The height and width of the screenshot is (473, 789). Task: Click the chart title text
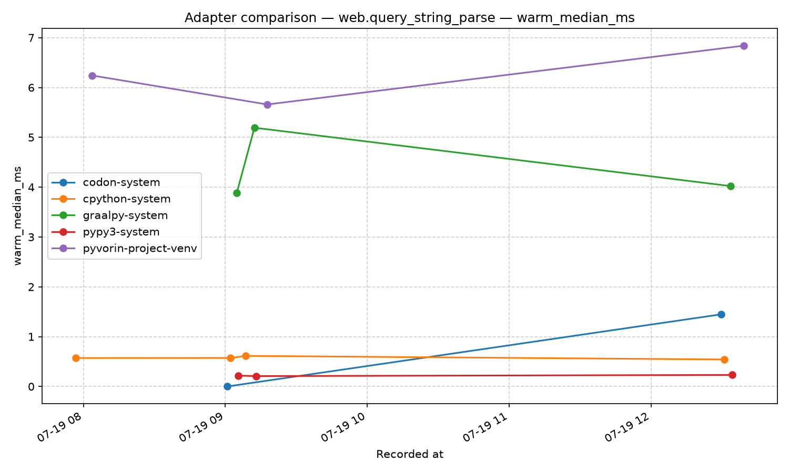point(409,17)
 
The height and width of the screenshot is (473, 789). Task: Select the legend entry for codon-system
point(121,182)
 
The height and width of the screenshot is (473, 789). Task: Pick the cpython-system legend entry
point(126,199)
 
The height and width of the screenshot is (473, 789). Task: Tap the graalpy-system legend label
point(125,215)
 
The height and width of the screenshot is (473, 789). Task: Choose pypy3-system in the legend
point(121,232)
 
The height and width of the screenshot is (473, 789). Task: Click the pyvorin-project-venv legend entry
point(140,249)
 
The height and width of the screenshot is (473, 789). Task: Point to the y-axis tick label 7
point(32,38)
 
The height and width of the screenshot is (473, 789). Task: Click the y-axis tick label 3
point(32,237)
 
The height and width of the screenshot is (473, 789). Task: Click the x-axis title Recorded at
point(410,455)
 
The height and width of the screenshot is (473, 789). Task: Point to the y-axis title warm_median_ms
point(17,215)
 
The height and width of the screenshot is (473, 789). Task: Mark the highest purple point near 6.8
point(744,46)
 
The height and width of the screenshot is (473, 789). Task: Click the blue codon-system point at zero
point(228,386)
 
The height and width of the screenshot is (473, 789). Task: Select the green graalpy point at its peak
point(255,128)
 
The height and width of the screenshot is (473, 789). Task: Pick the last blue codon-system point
point(721,314)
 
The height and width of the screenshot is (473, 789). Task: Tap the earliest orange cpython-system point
point(76,358)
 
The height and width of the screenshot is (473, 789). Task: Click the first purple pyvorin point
point(92,76)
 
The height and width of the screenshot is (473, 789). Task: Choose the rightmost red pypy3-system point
point(732,375)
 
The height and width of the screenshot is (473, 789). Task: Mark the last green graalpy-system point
point(731,186)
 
